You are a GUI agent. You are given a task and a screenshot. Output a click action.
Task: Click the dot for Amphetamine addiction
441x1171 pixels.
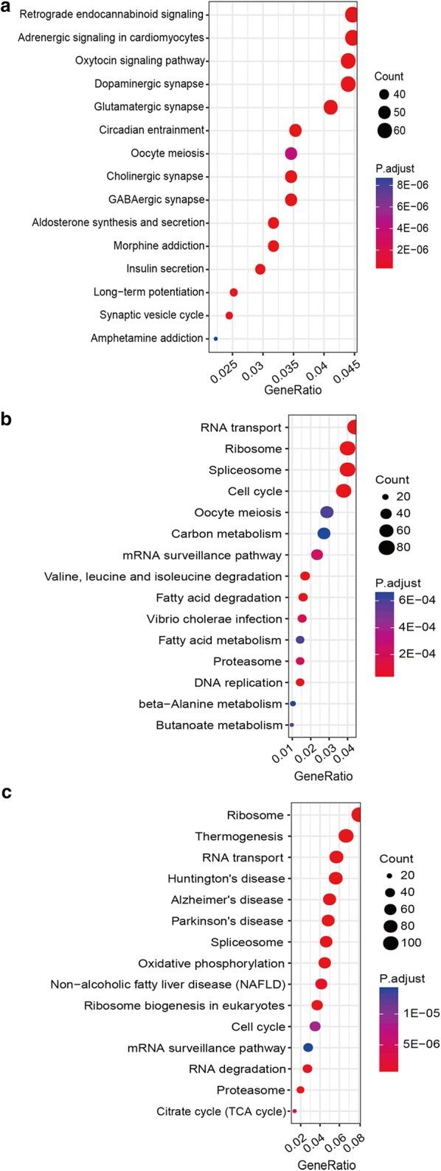point(215,339)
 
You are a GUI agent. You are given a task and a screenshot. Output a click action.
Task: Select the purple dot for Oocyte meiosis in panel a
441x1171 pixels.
point(291,153)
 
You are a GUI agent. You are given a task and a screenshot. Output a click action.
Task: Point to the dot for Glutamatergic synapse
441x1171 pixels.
point(330,108)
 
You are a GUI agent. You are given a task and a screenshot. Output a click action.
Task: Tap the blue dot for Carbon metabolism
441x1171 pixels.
point(324,534)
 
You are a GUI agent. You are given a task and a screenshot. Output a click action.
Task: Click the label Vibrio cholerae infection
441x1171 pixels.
point(220,618)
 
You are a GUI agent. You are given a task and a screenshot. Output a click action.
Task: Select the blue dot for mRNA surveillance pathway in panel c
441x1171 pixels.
point(308,1047)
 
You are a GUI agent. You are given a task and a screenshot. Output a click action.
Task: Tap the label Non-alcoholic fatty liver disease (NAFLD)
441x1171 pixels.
point(167,984)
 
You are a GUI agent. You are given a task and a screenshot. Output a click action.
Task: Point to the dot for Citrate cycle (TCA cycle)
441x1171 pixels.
point(294,1111)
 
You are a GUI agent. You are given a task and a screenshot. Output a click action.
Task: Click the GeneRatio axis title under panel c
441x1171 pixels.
point(325,1165)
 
